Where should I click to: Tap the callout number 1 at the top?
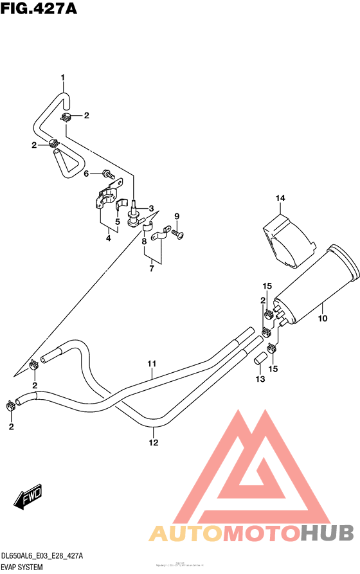pos(63,78)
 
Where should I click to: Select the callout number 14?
pos(280,198)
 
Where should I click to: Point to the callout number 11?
pos(152,364)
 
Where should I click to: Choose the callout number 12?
pos(154,442)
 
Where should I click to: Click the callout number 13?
pos(259,379)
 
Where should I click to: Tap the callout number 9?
pos(177,216)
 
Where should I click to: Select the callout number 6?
pos(85,173)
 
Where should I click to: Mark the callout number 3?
pos(152,208)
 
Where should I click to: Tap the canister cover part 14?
pos(289,241)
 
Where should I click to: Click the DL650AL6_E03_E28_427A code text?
pos(42,555)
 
